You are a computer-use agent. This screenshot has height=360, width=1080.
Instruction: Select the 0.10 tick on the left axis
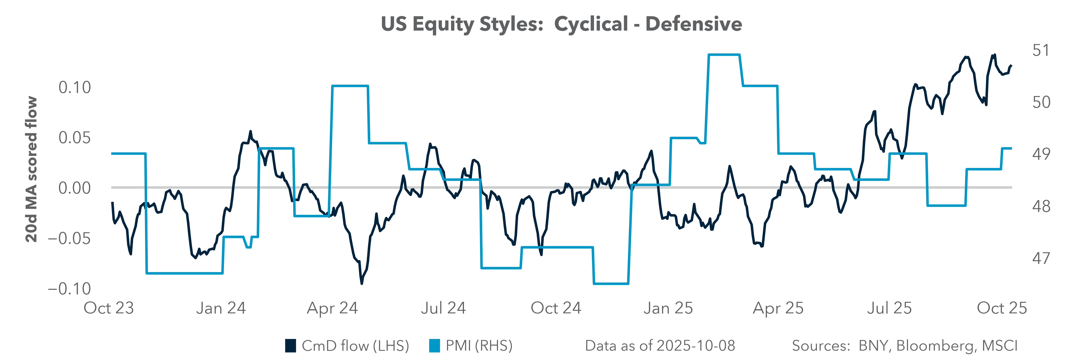point(75,88)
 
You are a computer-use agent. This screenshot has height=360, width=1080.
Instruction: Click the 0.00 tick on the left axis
point(75,188)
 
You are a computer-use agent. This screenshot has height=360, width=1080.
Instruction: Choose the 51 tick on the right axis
point(1041,50)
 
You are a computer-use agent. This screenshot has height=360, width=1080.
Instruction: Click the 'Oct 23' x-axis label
point(109,308)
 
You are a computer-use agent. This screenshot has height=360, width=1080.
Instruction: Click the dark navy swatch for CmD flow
point(291,346)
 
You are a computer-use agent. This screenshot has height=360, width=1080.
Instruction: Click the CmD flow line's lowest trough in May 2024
point(361,283)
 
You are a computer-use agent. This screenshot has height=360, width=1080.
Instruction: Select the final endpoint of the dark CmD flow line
point(1011,65)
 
